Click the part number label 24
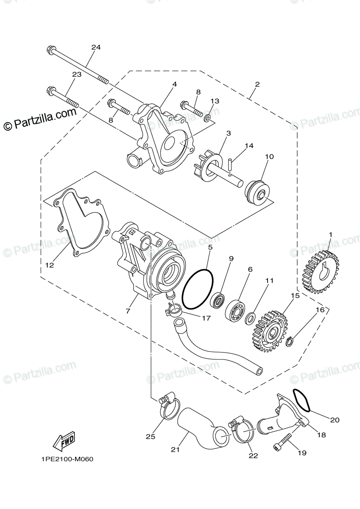(96, 48)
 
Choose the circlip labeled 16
(289, 340)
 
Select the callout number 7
(128, 311)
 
